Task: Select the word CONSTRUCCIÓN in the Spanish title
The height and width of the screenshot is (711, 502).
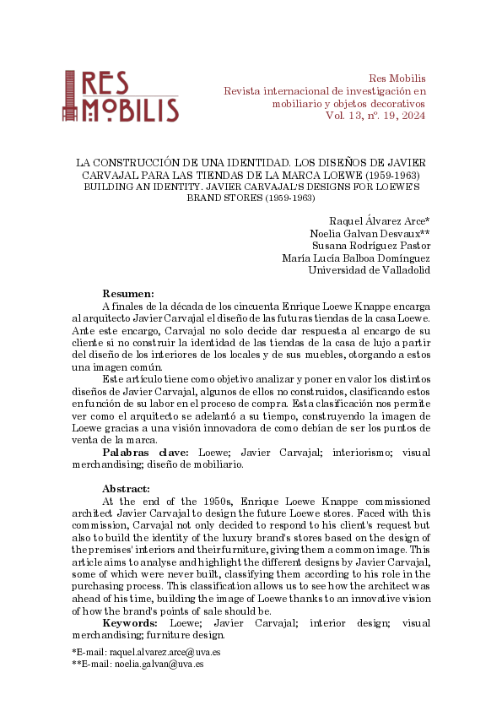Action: (138, 161)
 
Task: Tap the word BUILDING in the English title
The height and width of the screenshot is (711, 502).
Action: (108, 185)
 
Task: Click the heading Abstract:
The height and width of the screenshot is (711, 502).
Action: (127, 489)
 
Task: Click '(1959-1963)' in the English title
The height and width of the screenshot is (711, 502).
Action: (290, 197)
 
